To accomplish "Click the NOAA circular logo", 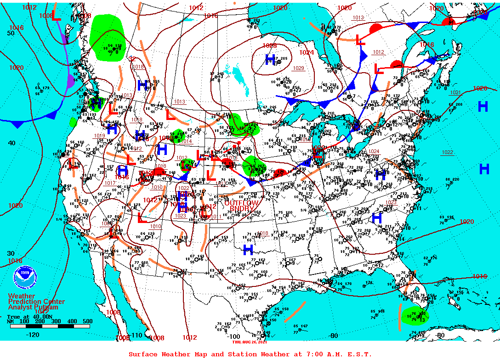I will point(24,276).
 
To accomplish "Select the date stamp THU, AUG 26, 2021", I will point(249,342).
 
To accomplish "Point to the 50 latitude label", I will point(11,33).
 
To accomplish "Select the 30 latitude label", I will point(11,253).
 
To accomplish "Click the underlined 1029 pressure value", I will point(298,68).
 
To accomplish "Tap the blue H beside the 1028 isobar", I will point(270,59).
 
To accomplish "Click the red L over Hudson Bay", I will point(360,40).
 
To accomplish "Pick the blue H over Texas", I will point(248,250).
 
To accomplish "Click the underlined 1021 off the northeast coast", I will point(455,92).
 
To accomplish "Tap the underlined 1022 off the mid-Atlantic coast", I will point(447,152).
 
